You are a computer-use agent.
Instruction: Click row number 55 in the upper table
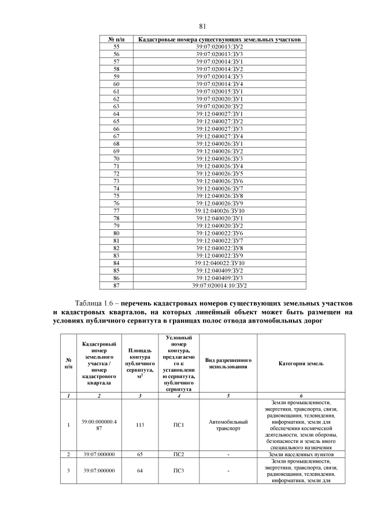click(x=116, y=46)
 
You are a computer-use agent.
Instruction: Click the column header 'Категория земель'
click(x=301, y=363)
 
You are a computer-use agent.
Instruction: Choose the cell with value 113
click(x=140, y=424)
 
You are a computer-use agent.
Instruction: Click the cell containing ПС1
click(x=179, y=424)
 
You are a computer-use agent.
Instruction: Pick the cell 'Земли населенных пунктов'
click(x=301, y=455)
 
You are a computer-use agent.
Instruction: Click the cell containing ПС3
click(x=179, y=470)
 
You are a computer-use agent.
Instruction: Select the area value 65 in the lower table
click(x=140, y=455)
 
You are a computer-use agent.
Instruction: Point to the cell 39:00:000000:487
click(x=99, y=424)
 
